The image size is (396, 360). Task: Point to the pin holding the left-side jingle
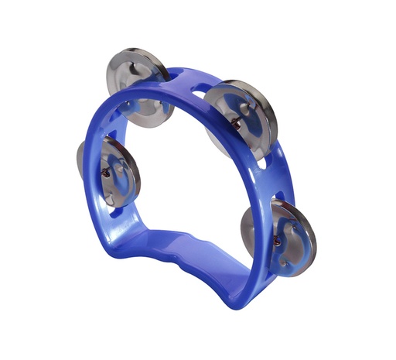click(x=106, y=172)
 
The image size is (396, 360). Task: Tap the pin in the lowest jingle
click(x=277, y=241)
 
